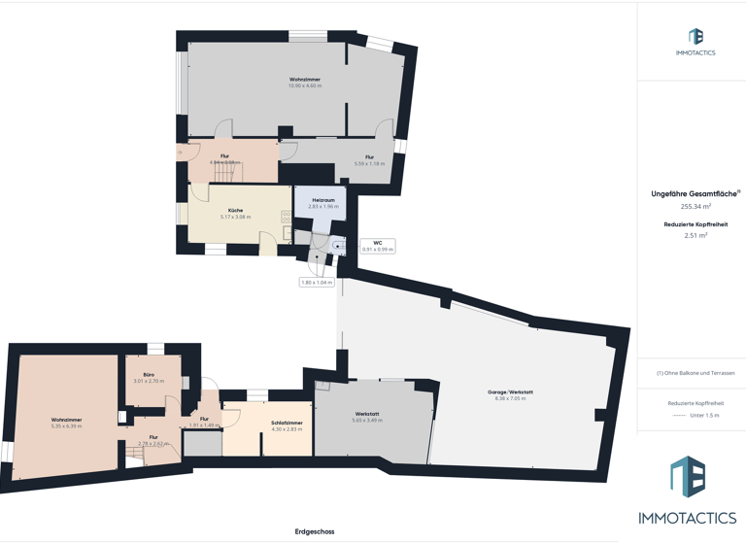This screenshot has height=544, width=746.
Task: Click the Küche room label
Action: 235,213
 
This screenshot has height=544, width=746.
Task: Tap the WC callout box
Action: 377,246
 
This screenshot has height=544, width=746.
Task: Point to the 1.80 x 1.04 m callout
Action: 317,283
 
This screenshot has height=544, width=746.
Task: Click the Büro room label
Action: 149,378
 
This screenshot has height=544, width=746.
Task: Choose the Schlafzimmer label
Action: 285,425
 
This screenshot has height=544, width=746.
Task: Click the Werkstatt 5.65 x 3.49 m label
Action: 366,417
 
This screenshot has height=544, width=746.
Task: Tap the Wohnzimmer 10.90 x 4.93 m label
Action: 304,83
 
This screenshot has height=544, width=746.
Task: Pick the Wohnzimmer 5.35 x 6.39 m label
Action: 66,423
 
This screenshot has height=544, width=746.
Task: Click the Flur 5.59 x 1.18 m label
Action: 369,160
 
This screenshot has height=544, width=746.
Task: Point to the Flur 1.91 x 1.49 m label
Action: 204,422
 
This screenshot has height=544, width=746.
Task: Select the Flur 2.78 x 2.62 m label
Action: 153,440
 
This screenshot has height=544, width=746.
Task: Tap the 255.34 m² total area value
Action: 695,206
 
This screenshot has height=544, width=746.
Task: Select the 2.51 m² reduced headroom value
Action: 695,235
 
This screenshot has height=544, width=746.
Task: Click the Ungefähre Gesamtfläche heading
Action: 695,193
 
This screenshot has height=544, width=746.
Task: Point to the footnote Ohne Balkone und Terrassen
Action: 695,373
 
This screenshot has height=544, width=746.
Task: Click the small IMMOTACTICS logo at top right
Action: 695,41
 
